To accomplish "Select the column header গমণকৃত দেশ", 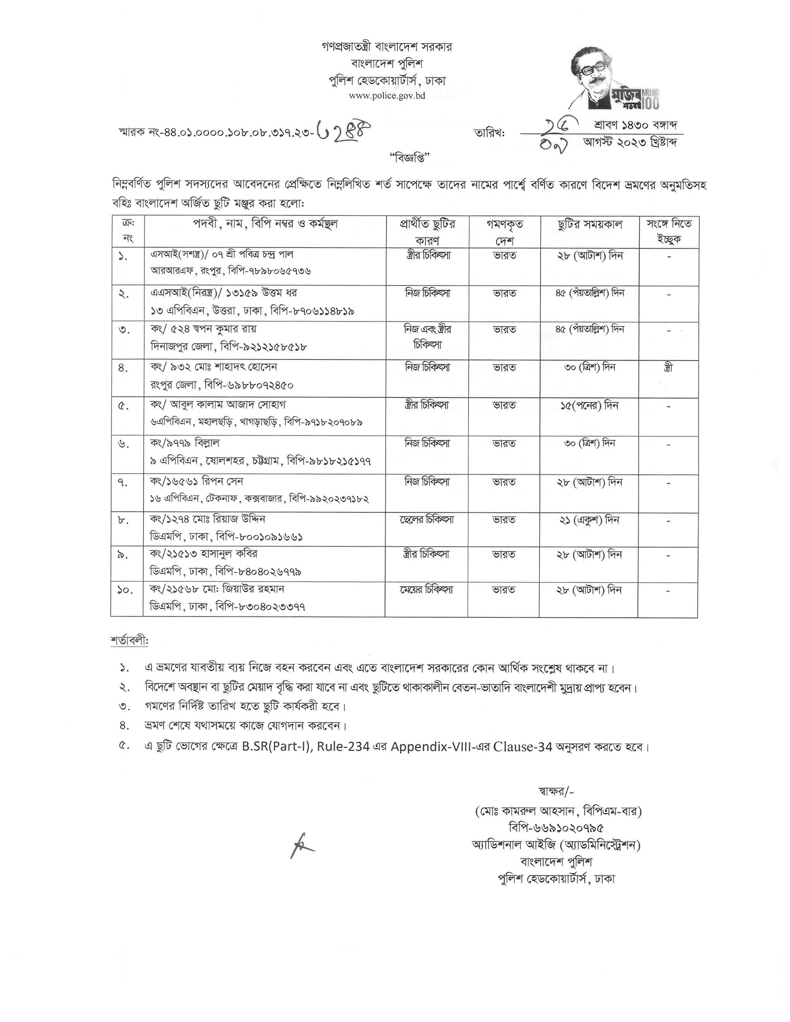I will pyautogui.click(x=505, y=231).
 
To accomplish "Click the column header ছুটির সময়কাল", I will pyautogui.click(x=590, y=224).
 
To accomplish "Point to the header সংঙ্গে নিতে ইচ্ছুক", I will pyautogui.click(x=669, y=231).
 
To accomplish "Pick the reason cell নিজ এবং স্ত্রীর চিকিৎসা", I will pyautogui.click(x=427, y=337).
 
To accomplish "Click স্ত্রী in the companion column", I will pyautogui.click(x=668, y=368).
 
